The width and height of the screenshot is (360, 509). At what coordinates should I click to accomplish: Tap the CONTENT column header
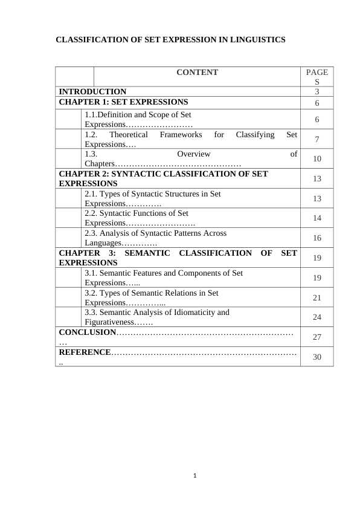(x=197, y=73)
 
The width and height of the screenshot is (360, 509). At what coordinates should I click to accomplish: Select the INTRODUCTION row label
(x=92, y=92)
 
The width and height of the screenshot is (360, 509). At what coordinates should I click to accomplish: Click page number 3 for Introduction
(x=317, y=92)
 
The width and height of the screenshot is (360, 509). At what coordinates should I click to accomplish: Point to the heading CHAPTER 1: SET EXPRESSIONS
(x=123, y=102)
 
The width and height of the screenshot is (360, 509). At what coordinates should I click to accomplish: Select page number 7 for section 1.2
(x=317, y=140)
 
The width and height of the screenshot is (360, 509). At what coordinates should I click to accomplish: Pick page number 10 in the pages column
(x=317, y=159)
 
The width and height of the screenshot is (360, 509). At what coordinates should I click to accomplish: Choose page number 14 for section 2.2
(x=317, y=218)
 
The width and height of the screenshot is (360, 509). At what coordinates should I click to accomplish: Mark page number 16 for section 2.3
(x=317, y=238)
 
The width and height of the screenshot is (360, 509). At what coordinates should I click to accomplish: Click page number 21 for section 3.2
(x=317, y=297)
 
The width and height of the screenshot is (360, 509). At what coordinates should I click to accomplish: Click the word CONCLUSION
(x=87, y=332)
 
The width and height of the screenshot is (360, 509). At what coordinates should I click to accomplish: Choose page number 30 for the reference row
(x=317, y=357)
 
